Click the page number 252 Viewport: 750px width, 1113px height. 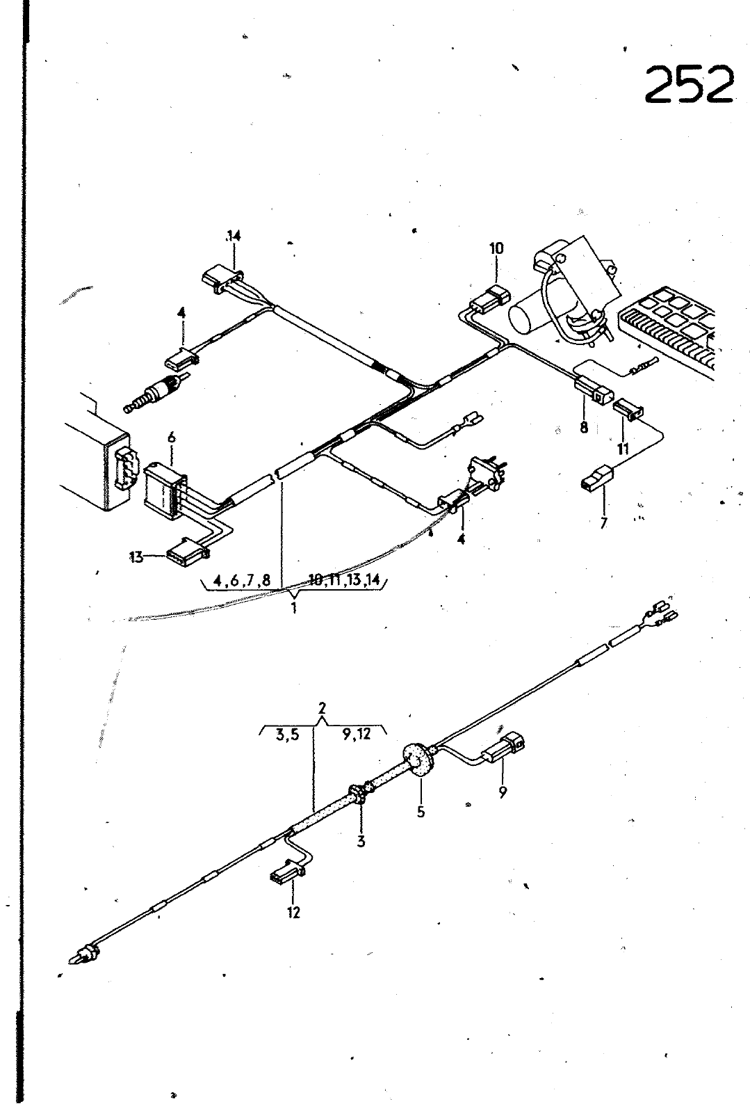click(689, 85)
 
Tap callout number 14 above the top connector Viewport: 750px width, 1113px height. click(234, 236)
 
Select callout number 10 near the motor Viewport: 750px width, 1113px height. click(496, 248)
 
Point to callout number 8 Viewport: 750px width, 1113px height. click(584, 426)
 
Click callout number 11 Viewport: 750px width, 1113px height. click(622, 449)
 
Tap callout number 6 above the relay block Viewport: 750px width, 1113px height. click(172, 437)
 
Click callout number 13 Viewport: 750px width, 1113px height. click(136, 557)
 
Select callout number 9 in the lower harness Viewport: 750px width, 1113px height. click(503, 792)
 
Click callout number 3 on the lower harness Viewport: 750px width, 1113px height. click(361, 841)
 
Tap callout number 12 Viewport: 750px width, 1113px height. click(293, 912)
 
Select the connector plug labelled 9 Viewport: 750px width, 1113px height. click(503, 748)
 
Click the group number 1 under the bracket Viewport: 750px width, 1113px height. click(294, 607)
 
